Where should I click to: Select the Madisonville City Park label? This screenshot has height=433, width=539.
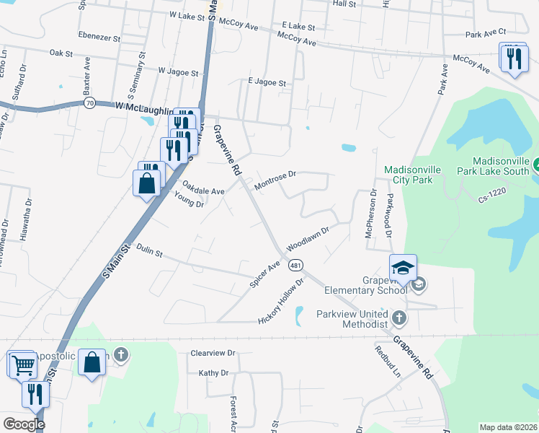pos(409,175)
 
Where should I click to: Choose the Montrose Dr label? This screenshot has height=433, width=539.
pos(275,180)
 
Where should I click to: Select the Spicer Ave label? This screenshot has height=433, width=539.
pos(264,276)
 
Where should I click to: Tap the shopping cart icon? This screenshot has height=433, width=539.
pos(23,364)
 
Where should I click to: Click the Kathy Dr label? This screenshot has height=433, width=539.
pos(213,373)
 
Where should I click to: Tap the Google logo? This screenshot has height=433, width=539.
pos(24,424)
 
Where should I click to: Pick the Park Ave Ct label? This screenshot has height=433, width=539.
pos(486,33)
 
